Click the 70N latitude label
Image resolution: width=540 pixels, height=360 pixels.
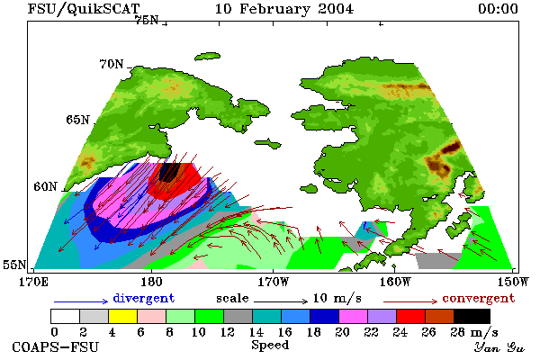112,64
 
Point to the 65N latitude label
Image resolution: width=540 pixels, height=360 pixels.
77,120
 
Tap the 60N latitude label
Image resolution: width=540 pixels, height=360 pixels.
45,186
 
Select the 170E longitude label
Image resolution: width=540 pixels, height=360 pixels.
34,282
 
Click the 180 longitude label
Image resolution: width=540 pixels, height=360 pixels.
151,282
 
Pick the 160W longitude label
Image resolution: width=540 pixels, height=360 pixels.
395,282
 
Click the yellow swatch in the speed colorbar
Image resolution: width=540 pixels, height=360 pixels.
123,316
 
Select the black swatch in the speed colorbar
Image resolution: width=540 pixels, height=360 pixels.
472,316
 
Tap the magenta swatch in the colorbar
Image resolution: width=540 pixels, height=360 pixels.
354,316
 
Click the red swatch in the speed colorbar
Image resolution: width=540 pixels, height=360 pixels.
411,316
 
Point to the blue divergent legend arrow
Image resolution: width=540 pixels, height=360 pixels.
81,301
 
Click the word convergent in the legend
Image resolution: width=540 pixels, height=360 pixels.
479,298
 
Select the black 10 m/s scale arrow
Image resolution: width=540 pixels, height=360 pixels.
281,301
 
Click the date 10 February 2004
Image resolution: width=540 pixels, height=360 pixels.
284,9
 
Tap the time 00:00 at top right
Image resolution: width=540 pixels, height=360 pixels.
498,9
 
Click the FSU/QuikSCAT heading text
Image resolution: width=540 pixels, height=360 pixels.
84,9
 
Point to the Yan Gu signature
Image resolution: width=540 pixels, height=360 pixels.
499,346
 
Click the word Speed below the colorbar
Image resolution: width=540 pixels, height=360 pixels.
270,346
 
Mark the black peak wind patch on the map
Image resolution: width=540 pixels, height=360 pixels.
169,172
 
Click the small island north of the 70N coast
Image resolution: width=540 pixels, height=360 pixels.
207,56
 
